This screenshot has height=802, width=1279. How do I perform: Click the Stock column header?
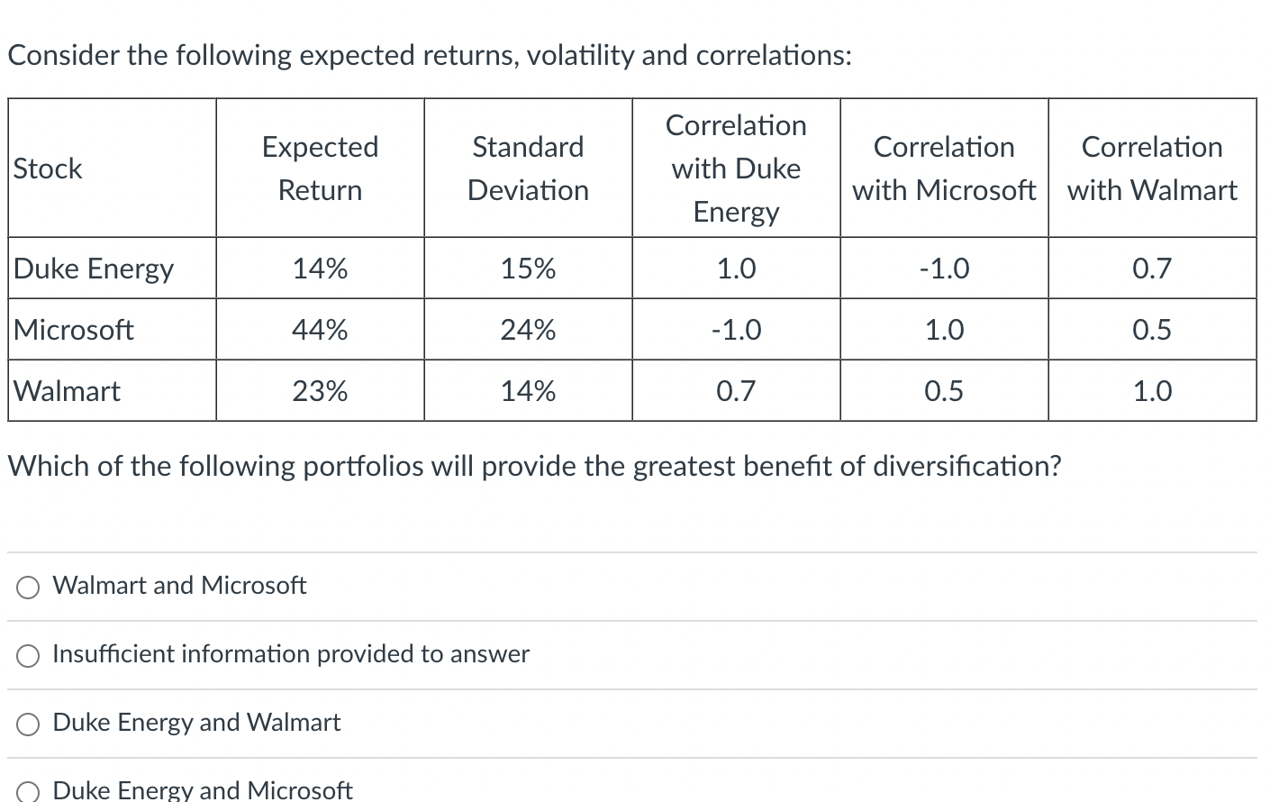pyautogui.click(x=48, y=169)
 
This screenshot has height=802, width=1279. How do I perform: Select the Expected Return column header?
pyautogui.click(x=320, y=169)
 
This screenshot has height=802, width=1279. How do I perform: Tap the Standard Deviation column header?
pyautogui.click(x=528, y=169)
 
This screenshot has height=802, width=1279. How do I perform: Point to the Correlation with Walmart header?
pyautogui.click(x=1152, y=169)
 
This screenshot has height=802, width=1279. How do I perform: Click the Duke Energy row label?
pyautogui.click(x=94, y=269)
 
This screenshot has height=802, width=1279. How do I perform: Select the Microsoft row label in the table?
pyautogui.click(x=74, y=330)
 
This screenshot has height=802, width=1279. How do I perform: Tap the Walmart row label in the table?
pyautogui.click(x=68, y=391)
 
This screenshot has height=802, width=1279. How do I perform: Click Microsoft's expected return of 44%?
pyautogui.click(x=320, y=330)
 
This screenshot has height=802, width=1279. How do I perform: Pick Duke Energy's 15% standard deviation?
pyautogui.click(x=528, y=269)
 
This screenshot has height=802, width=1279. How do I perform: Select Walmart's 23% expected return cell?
pyautogui.click(x=320, y=391)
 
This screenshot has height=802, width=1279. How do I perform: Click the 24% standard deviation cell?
pyautogui.click(x=528, y=330)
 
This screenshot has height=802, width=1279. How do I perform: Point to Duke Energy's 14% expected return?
pyautogui.click(x=320, y=269)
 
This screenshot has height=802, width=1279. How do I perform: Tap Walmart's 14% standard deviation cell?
pyautogui.click(x=528, y=391)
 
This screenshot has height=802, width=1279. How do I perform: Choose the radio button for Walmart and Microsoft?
pyautogui.click(x=28, y=588)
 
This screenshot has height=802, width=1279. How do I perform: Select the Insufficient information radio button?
pyautogui.click(x=28, y=656)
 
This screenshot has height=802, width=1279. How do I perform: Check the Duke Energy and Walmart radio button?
pyautogui.click(x=28, y=725)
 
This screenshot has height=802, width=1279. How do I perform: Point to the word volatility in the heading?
pyautogui.click(x=580, y=56)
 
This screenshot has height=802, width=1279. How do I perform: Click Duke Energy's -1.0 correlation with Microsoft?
pyautogui.click(x=944, y=269)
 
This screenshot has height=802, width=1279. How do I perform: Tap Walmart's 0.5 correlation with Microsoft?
pyautogui.click(x=944, y=391)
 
